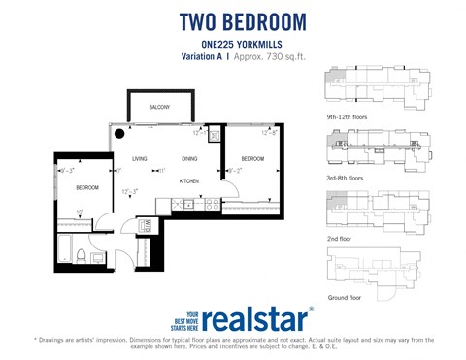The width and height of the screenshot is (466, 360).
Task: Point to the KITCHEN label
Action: [x=189, y=181]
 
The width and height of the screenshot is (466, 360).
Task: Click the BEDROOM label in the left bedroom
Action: [x=87, y=186]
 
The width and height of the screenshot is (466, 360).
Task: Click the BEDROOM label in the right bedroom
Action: [x=252, y=159]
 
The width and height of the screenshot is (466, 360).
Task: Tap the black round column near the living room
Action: [x=118, y=134]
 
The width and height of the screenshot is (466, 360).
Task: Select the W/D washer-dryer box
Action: [x=149, y=225]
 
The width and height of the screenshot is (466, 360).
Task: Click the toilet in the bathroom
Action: [x=85, y=256]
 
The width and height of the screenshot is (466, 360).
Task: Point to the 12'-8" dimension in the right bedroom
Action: [x=270, y=132]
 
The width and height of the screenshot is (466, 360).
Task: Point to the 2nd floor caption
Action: [x=342, y=237]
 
